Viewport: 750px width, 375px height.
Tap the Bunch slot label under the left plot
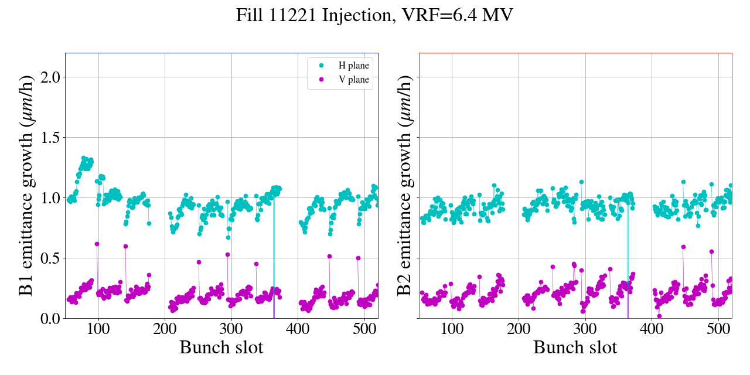point(221,347)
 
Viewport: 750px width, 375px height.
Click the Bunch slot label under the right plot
point(575,347)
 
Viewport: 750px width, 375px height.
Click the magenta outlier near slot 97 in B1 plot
point(97,244)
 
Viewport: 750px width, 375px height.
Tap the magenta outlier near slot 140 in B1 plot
point(125,246)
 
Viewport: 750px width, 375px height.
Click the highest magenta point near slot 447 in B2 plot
point(683,247)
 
